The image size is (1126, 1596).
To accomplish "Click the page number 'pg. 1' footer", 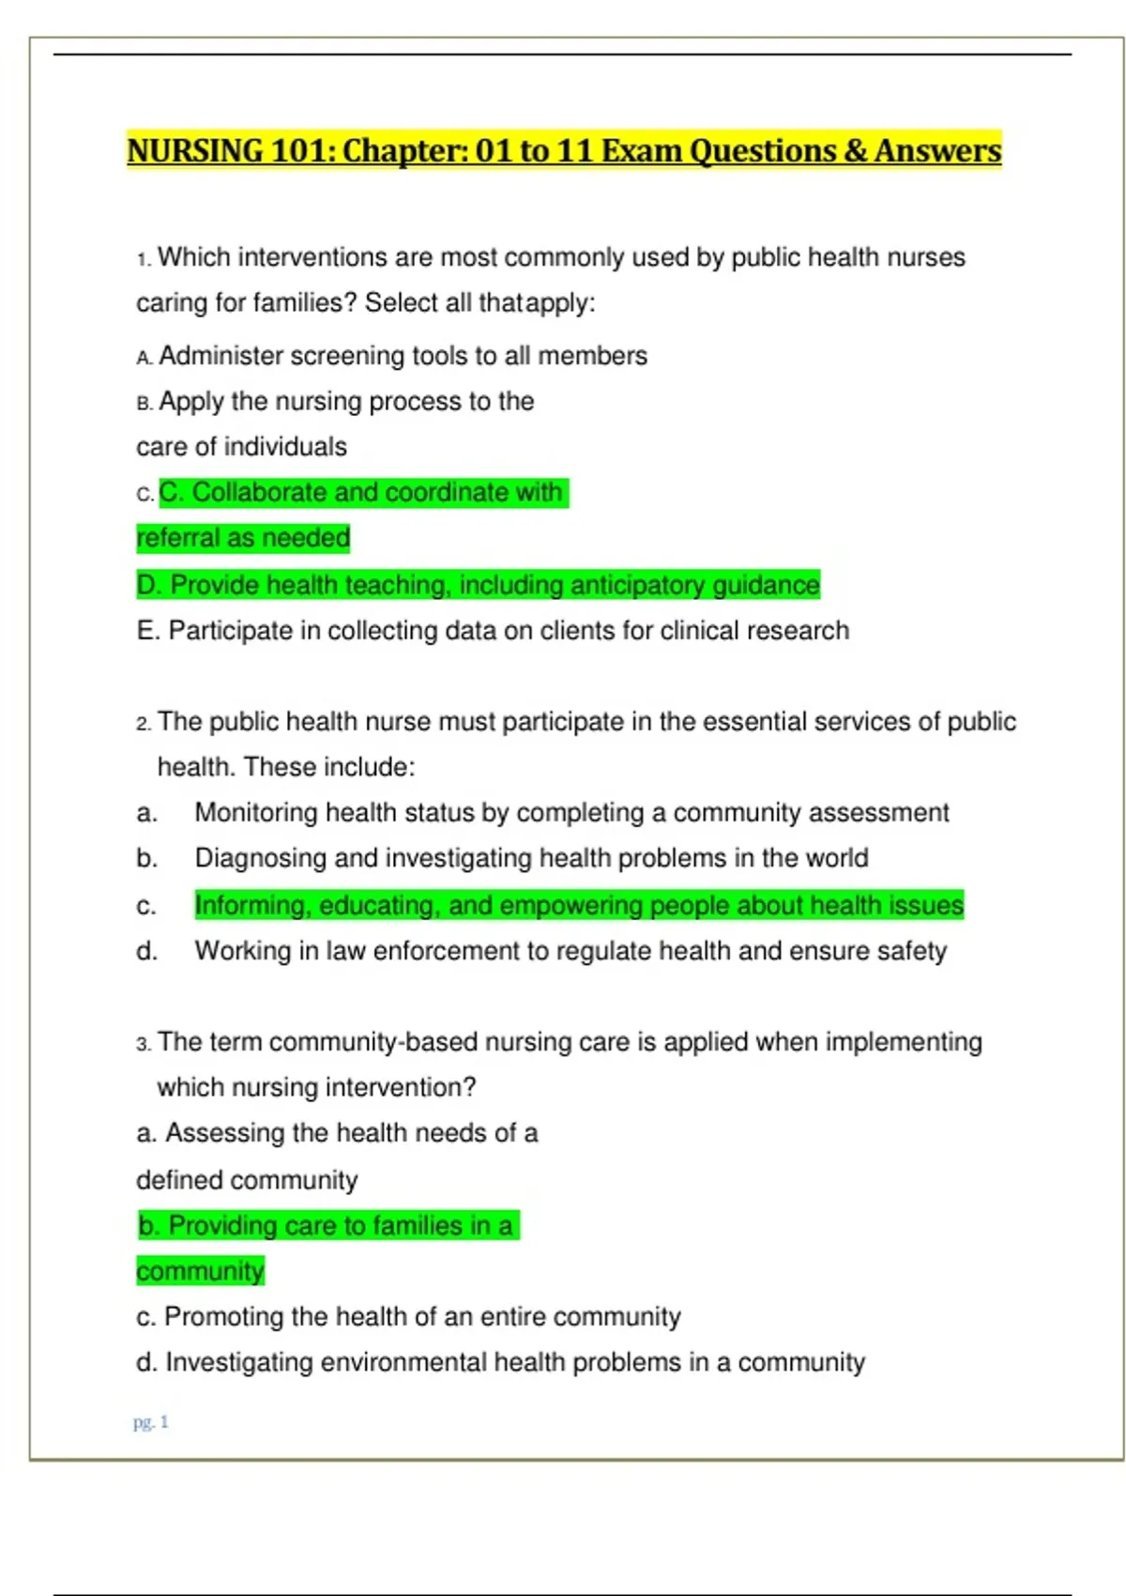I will [150, 1422].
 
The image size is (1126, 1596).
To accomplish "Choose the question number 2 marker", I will [143, 724].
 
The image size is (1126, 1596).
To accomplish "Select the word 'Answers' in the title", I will [937, 151].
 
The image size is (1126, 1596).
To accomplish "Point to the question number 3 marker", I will [143, 1044].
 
